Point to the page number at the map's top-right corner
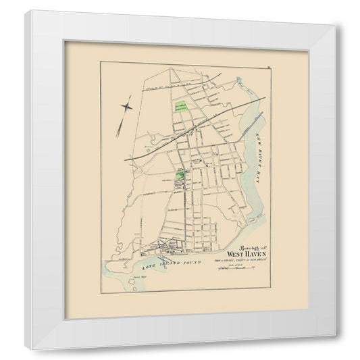267,66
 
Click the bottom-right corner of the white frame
335,336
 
